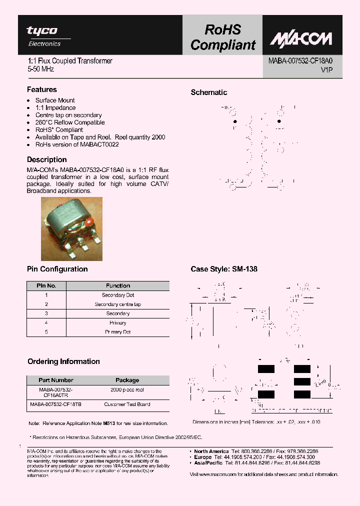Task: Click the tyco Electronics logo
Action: (x=43, y=36)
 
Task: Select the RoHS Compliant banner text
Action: (x=222, y=37)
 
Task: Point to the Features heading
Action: (x=41, y=89)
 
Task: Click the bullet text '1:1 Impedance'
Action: (x=55, y=107)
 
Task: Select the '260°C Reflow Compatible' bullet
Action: (x=70, y=122)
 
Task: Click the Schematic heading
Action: (x=208, y=92)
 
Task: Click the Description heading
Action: (x=46, y=159)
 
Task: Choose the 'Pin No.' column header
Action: (x=46, y=286)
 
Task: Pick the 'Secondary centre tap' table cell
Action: (x=118, y=304)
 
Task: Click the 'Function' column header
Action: (x=118, y=286)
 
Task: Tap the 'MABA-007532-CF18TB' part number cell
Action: (x=56, y=404)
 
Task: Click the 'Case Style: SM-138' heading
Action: (x=224, y=269)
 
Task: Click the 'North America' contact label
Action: (x=211, y=451)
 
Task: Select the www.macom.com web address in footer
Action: (x=217, y=474)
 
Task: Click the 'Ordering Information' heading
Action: (x=63, y=361)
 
